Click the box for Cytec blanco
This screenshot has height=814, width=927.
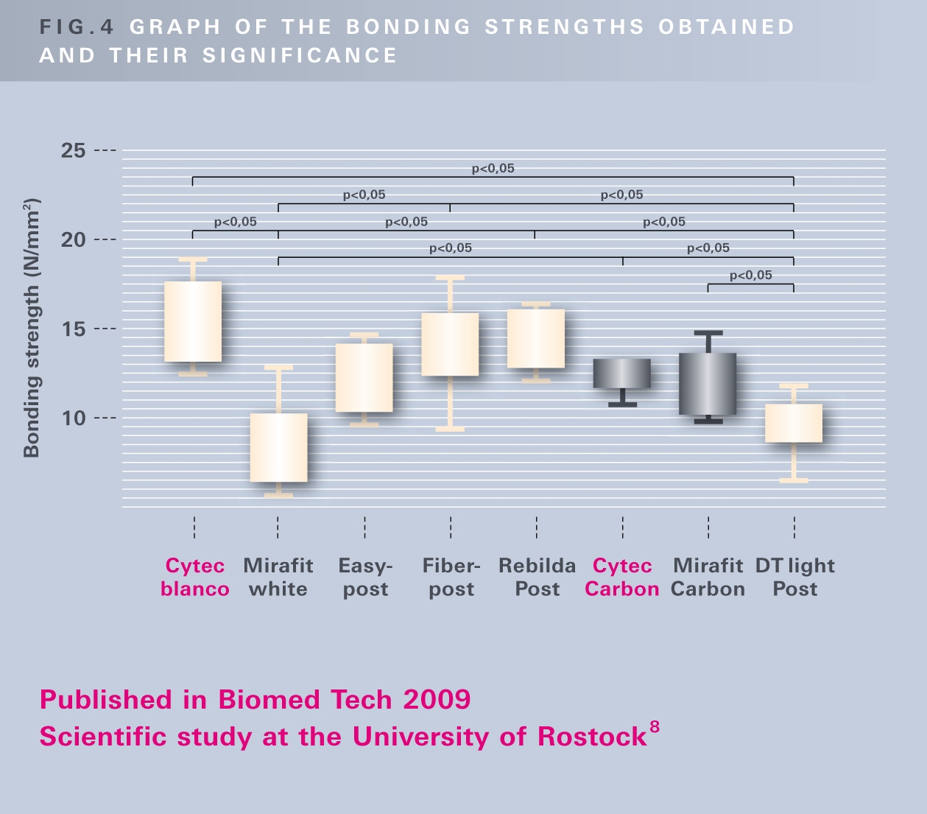193,322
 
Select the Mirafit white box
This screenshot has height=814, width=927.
278,448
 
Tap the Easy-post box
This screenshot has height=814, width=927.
364,378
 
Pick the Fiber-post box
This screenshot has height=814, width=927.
450,345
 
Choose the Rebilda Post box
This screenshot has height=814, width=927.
536,339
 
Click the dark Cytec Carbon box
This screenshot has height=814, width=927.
622,373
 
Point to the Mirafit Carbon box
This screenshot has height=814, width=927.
708,384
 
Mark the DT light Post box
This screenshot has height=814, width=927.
794,423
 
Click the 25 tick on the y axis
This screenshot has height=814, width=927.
74,151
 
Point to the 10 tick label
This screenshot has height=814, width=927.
74,418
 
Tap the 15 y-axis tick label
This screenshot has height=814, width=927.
74,329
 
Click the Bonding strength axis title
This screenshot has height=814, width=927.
32,328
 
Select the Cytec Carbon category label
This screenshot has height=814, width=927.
622,578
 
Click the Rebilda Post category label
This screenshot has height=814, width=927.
537,578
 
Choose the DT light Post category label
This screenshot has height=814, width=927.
795,578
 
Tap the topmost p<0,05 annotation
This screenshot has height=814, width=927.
493,169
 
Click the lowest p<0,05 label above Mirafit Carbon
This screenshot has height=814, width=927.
751,276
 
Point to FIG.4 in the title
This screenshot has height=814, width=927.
77,27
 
